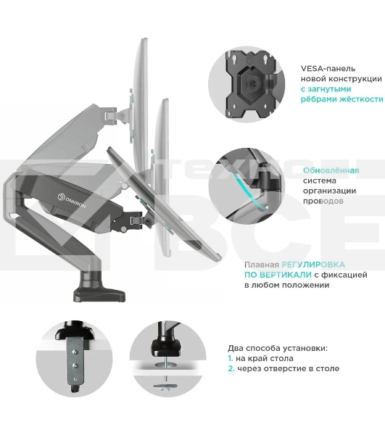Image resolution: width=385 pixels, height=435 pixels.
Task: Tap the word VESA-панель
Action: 324,69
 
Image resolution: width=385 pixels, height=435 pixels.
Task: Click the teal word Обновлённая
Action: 331,170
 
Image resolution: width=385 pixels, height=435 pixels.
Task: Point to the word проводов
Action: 323,201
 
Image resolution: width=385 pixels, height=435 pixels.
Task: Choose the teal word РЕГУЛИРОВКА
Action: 313,265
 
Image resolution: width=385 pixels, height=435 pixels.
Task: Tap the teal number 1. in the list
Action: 231,358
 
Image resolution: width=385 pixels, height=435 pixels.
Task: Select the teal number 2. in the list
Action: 231,369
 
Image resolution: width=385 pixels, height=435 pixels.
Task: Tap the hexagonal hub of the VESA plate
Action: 252,83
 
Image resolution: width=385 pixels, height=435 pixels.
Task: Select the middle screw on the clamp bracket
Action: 75,365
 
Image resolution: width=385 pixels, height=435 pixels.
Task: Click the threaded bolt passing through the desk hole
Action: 165,369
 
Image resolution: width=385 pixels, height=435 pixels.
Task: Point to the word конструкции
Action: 356,79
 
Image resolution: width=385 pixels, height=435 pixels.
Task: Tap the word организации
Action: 329,191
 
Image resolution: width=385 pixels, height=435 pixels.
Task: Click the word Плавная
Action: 261,265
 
